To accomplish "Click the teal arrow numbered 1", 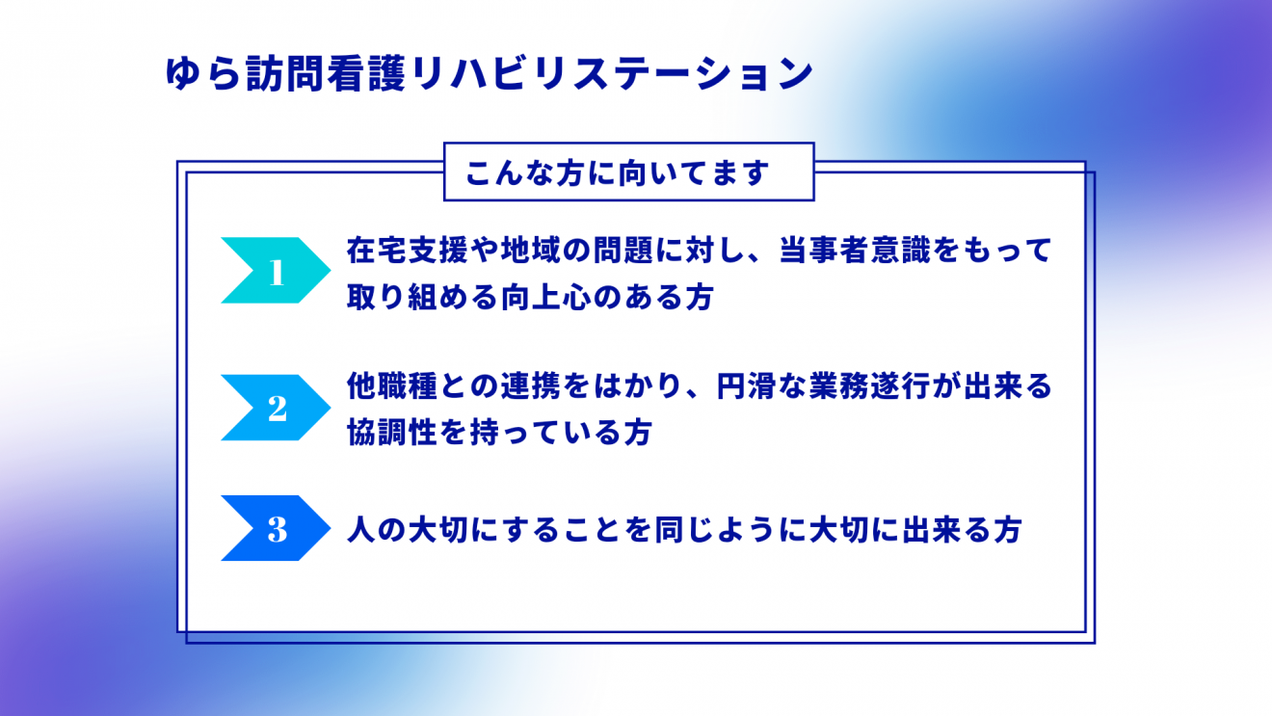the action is pyautogui.click(x=276, y=270).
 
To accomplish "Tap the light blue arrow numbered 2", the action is pyautogui.click(x=276, y=408).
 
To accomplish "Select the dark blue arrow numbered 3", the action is pyautogui.click(x=276, y=528).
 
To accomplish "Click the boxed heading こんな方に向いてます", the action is pyautogui.click(x=618, y=172).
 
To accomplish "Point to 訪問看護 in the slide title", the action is pyautogui.click(x=327, y=74).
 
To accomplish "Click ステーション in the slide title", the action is pyautogui.click(x=693, y=74).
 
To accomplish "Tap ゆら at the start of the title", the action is pyautogui.click(x=203, y=74).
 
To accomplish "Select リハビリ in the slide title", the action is pyautogui.click(x=490, y=74).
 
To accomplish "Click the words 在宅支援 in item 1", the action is pyautogui.click(x=408, y=251).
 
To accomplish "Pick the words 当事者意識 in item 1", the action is pyautogui.click(x=855, y=251).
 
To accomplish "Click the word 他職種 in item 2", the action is pyautogui.click(x=392, y=386).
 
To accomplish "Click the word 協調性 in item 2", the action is pyautogui.click(x=392, y=433).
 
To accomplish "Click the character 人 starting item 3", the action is pyautogui.click(x=361, y=529).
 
